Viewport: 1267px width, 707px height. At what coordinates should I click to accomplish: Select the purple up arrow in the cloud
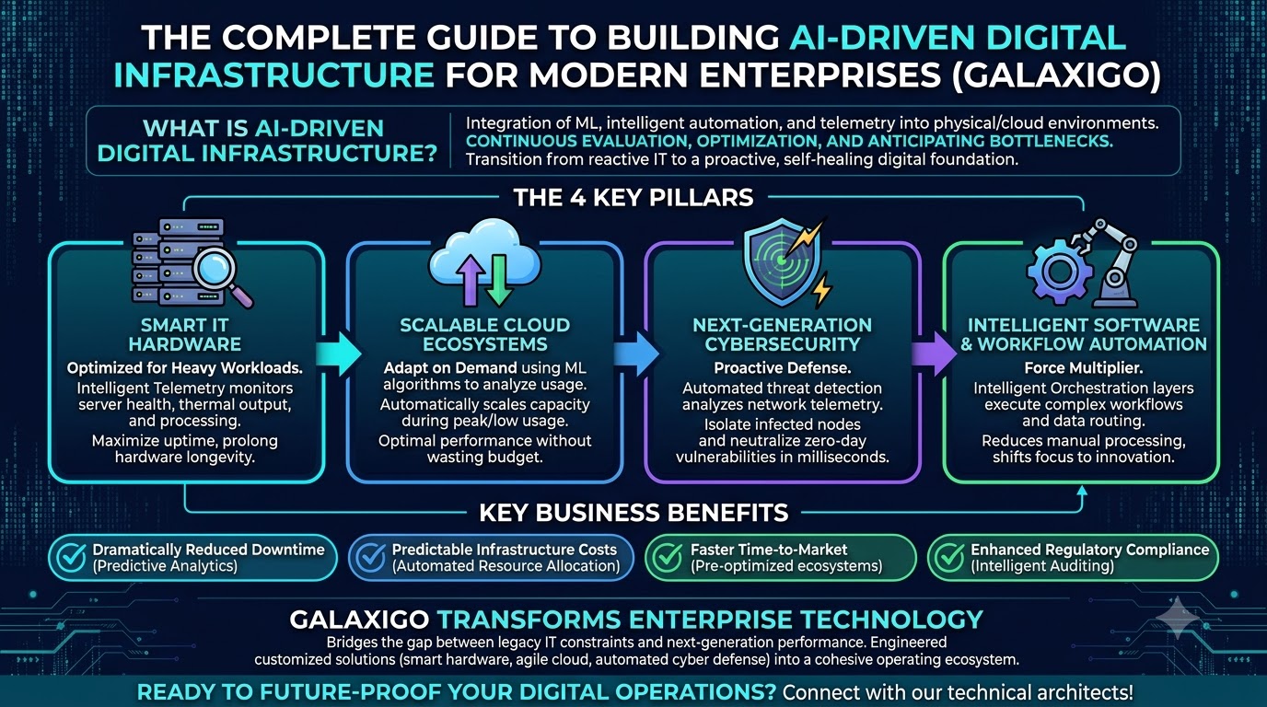pos(471,280)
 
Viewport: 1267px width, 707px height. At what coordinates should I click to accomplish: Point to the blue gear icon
pos(1058,272)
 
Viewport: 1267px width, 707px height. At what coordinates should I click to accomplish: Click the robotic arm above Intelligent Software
pos(1108,263)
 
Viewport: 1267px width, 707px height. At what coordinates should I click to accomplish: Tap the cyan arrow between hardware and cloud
pos(338,354)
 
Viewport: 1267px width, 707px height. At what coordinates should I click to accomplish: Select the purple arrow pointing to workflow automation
pos(934,354)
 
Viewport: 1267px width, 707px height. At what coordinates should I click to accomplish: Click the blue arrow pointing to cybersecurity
pos(635,354)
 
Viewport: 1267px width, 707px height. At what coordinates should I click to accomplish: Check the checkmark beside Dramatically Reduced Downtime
pos(72,558)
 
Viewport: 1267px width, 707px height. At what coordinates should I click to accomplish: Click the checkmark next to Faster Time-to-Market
pos(668,558)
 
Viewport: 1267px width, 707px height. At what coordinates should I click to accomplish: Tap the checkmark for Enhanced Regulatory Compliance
pos(949,558)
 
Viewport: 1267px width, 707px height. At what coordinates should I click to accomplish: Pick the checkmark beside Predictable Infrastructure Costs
pos(370,558)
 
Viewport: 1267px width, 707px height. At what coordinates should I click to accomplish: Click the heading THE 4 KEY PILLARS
pos(633,198)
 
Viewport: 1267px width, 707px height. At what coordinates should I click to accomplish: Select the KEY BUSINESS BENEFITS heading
pos(633,513)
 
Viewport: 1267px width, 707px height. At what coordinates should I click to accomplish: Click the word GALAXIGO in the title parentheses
pos(1056,75)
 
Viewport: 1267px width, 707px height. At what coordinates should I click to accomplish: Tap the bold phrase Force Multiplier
pos(1083,368)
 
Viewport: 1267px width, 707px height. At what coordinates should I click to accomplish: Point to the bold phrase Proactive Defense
pos(783,368)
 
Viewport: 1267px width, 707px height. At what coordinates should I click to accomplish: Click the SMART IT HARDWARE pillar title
pos(185,334)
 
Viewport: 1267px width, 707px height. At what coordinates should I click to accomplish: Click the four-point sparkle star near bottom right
pos(1178,618)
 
